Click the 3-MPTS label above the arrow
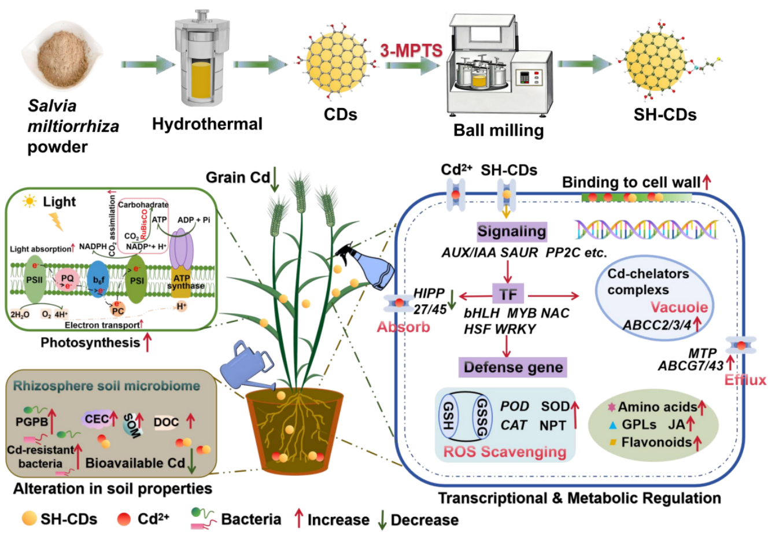[x=411, y=51]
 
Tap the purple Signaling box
[x=512, y=232]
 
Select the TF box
[x=508, y=294]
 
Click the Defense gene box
[x=513, y=367]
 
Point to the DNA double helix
[x=646, y=230]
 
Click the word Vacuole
[x=679, y=307]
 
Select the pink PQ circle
[x=68, y=280]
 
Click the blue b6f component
[x=99, y=280]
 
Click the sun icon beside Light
[x=28, y=201]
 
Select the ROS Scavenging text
[x=504, y=452]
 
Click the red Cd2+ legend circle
[x=124, y=519]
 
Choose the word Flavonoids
[x=656, y=443]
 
